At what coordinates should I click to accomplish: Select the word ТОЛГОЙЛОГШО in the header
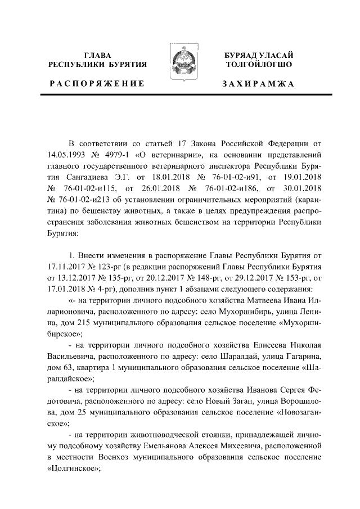258,65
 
